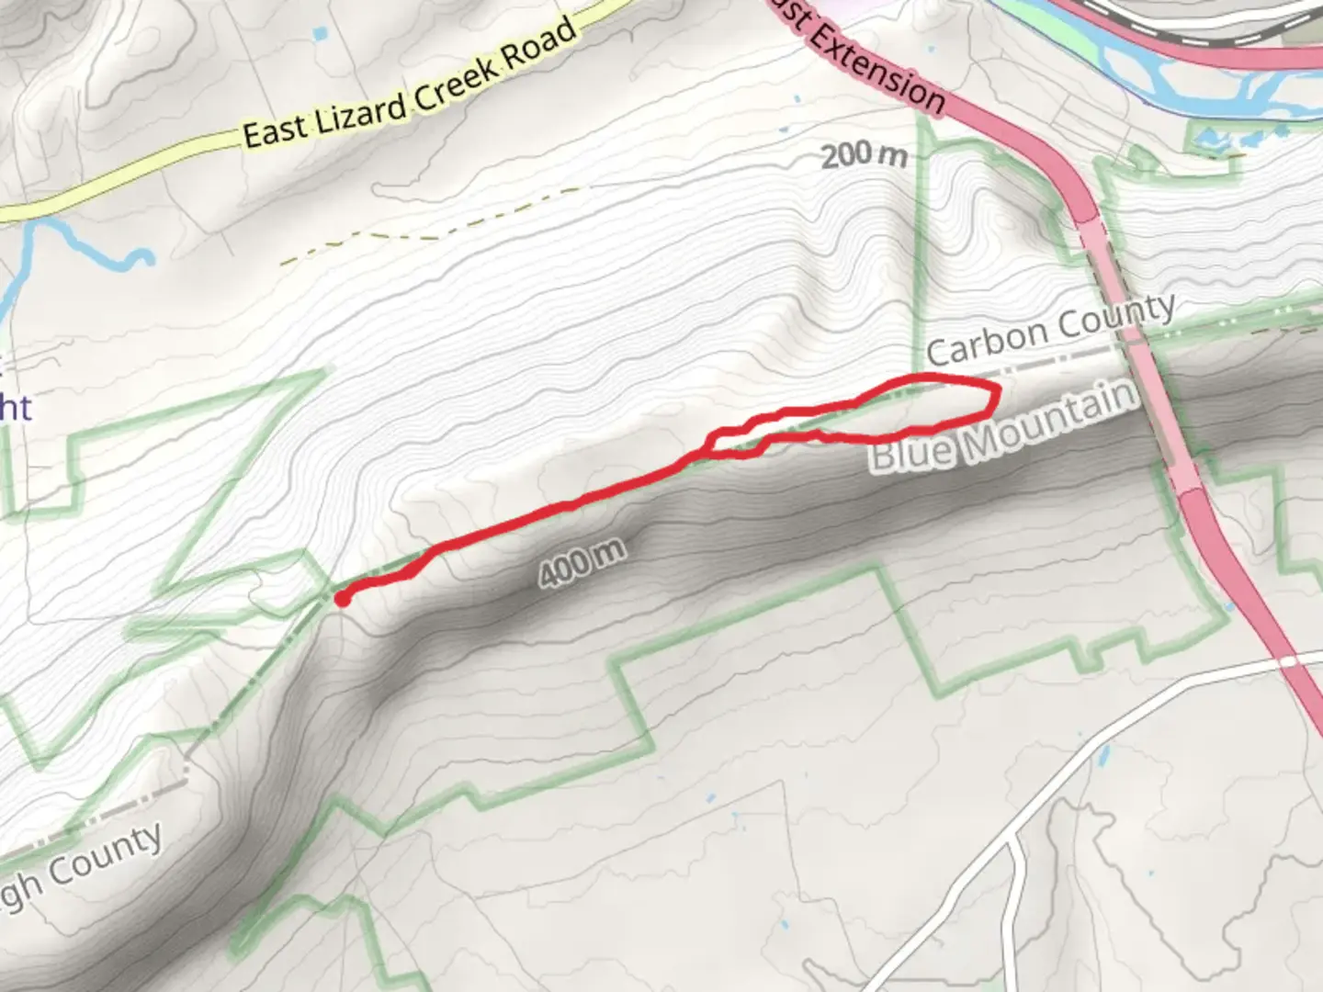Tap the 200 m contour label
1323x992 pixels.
[x=864, y=154]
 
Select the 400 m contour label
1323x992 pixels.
[x=582, y=561]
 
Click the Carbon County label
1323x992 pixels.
[x=1050, y=329]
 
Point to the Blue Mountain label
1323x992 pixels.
[x=1003, y=427]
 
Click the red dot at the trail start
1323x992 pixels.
[x=341, y=600]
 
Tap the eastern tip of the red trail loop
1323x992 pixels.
[x=998, y=395]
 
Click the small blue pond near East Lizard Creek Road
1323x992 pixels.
[x=320, y=34]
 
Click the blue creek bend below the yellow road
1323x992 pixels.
[x=138, y=257]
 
